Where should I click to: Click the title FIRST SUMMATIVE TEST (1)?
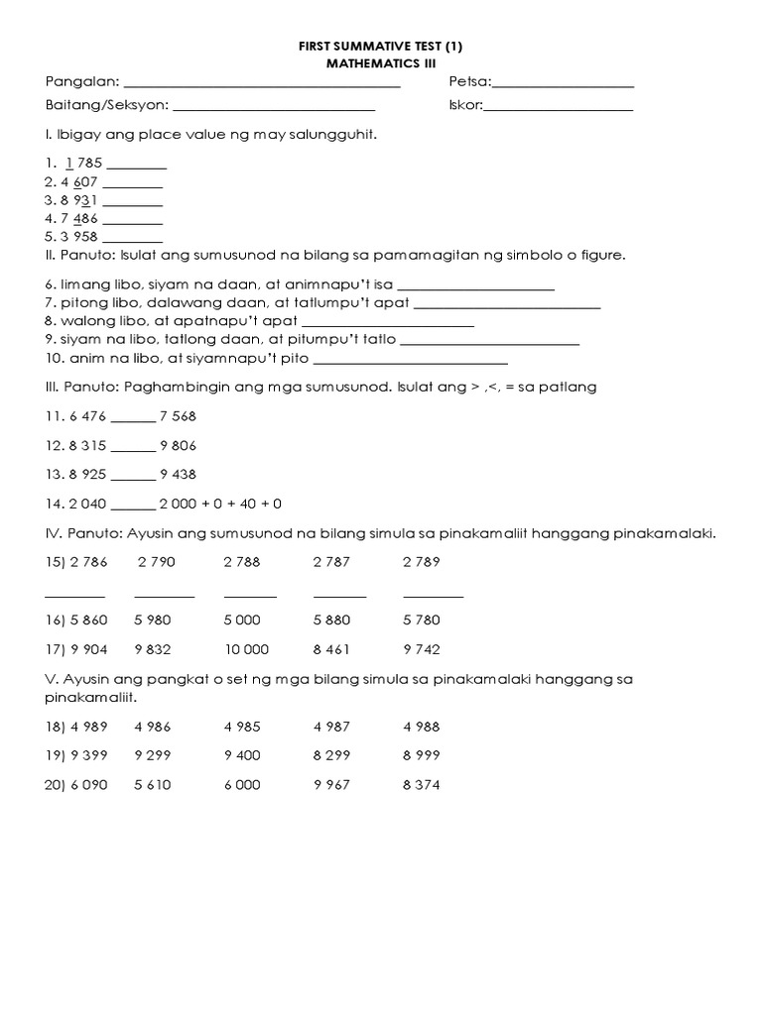click(x=381, y=46)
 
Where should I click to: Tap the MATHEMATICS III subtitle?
click(x=381, y=62)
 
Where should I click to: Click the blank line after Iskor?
click(x=559, y=108)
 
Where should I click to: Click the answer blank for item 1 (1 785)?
click(x=136, y=169)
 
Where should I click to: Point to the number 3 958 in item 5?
click(x=78, y=238)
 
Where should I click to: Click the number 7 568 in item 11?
click(x=179, y=416)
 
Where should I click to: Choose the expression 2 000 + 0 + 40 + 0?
click(x=221, y=504)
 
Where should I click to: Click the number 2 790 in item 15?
click(x=157, y=562)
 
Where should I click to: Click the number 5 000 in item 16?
click(x=242, y=621)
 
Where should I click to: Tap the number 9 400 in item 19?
click(x=242, y=755)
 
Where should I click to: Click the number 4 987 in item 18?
click(x=331, y=727)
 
